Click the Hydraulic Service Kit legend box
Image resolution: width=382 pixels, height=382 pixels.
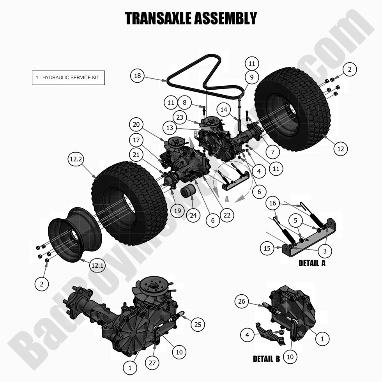point(68,77)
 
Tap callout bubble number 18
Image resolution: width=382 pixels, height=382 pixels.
point(137,76)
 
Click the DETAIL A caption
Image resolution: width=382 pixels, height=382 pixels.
point(312,263)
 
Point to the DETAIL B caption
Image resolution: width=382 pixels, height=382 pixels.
point(266,359)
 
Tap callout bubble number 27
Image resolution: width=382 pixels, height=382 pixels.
point(152,363)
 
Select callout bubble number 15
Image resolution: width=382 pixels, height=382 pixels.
point(267,248)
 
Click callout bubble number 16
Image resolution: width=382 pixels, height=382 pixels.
point(272,203)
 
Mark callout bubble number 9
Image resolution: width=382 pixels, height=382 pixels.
point(252,77)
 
